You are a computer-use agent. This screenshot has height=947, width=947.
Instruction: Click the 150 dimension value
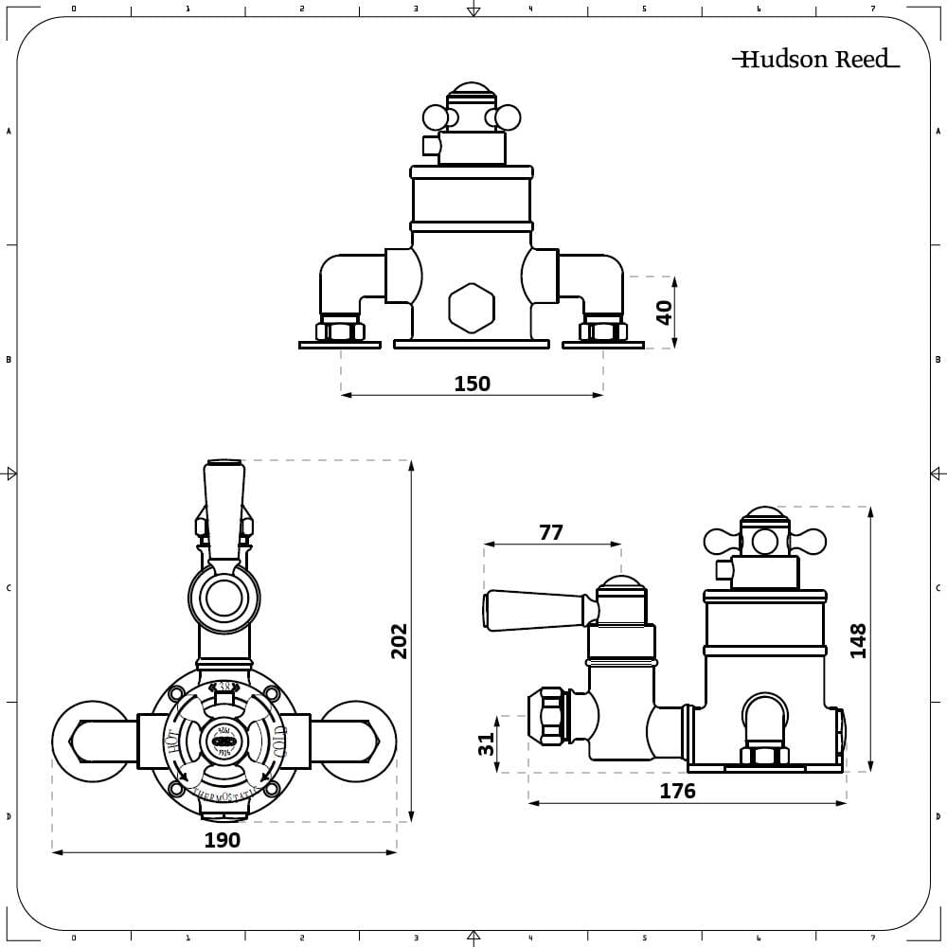click(x=472, y=384)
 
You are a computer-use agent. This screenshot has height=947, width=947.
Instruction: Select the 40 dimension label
click(x=664, y=312)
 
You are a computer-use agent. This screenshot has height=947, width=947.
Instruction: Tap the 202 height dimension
click(x=399, y=641)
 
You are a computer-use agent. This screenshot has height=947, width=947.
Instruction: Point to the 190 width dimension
click(x=223, y=840)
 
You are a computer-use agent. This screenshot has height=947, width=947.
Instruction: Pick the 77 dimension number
click(x=551, y=532)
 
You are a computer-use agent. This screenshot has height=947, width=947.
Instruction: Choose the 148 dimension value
click(x=858, y=641)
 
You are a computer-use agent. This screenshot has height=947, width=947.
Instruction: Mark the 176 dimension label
click(x=677, y=791)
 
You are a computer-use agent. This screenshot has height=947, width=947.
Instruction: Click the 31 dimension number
click(x=487, y=744)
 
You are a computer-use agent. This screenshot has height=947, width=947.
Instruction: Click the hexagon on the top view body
click(x=471, y=308)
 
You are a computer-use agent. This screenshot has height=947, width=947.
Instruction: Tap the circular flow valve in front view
click(x=223, y=599)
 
